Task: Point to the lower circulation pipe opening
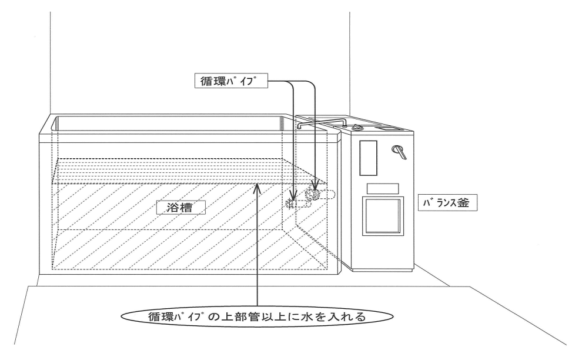click(291, 203)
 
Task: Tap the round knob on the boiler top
click(357, 128)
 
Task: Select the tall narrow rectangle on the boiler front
click(368, 157)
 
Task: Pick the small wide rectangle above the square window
click(383, 188)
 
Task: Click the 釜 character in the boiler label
click(469, 204)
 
